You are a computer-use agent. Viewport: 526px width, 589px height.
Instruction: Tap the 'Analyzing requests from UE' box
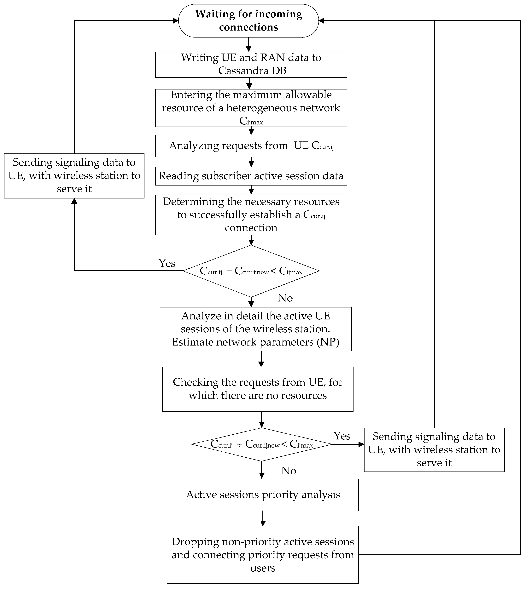[251, 146]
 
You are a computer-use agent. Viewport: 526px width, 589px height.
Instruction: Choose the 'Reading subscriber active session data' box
[251, 176]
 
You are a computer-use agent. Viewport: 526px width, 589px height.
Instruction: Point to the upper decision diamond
[251, 271]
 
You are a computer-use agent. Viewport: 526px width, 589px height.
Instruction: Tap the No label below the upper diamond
[285, 298]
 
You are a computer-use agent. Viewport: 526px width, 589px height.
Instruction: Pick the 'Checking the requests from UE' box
[258, 389]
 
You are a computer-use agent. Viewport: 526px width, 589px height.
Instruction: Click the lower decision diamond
[262, 444]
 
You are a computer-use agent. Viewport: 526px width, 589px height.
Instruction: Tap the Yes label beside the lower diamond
[342, 436]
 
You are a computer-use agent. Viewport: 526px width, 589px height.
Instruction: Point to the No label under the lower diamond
[289, 471]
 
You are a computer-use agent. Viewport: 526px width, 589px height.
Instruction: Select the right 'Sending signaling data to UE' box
[434, 449]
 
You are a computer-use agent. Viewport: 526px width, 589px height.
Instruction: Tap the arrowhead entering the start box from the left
[175, 20]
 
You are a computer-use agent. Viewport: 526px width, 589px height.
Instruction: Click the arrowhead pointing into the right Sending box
[361, 444]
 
